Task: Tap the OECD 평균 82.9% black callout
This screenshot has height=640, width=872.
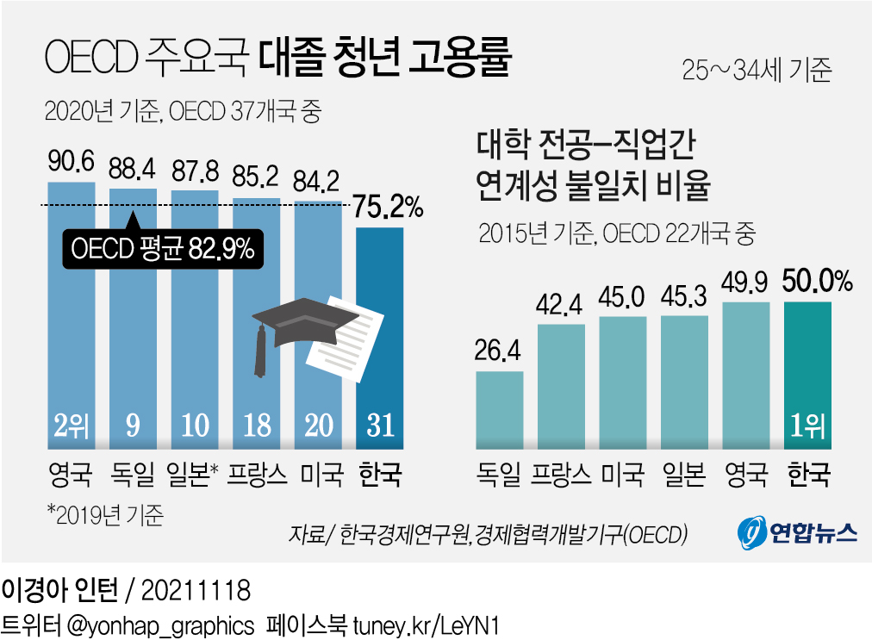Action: pyautogui.click(x=162, y=249)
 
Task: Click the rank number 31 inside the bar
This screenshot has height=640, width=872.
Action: pyautogui.click(x=380, y=425)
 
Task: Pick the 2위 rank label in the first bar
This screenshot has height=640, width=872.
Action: pyautogui.click(x=72, y=425)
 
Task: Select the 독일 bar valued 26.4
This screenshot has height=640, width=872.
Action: pyautogui.click(x=500, y=409)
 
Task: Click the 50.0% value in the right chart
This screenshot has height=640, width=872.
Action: pyautogui.click(x=817, y=282)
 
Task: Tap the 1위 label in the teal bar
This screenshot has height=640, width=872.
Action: pyautogui.click(x=808, y=426)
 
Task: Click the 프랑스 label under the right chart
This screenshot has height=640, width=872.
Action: pyautogui.click(x=561, y=475)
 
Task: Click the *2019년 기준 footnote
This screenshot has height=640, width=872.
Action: pyautogui.click(x=105, y=514)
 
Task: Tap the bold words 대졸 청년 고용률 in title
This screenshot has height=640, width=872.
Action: pyautogui.click(x=384, y=58)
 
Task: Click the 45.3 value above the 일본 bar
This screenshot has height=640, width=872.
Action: pyautogui.click(x=684, y=297)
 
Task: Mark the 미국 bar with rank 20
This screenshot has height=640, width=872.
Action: pyautogui.click(x=318, y=327)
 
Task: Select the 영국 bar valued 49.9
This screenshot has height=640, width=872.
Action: pyautogui.click(x=746, y=375)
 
